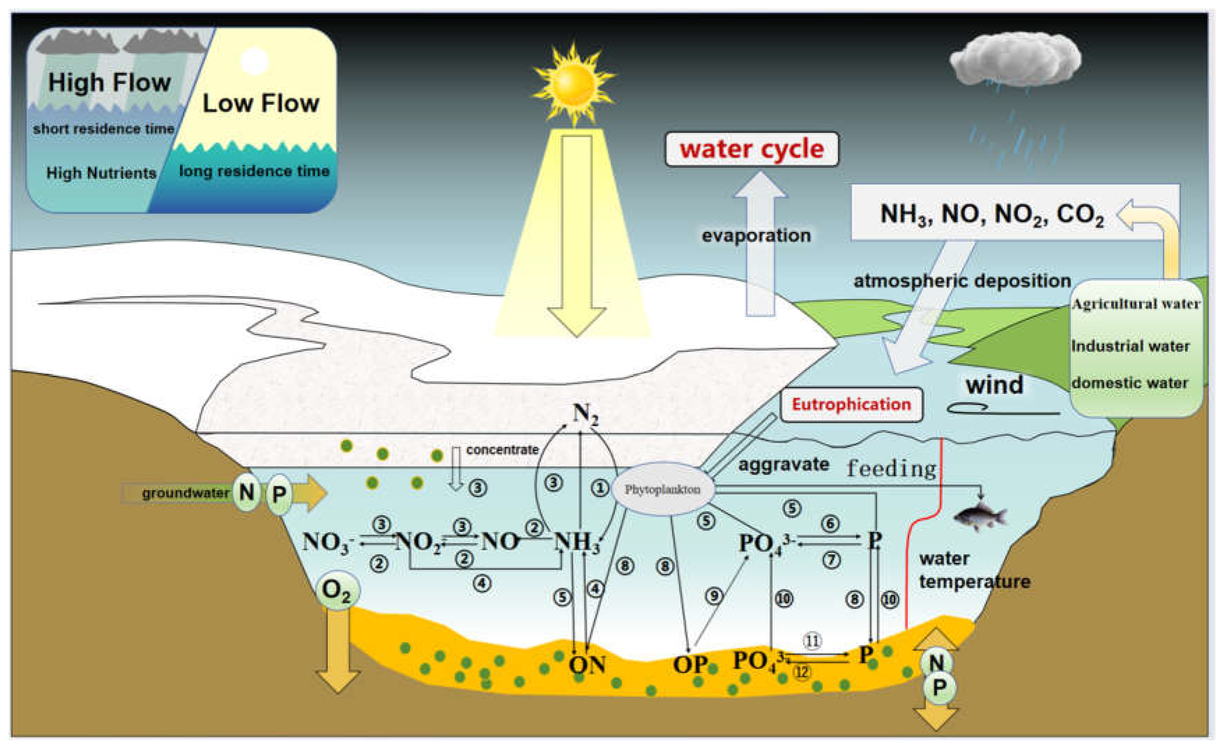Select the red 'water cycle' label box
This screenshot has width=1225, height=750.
point(752,149)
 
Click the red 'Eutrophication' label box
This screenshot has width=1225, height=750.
point(851,404)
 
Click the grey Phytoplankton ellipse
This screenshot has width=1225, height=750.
point(662,489)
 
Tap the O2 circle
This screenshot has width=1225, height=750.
point(337,591)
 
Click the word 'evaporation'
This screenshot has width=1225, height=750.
point(756,235)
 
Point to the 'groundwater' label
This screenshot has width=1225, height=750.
point(185,493)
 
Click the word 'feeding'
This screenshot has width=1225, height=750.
point(891,468)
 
